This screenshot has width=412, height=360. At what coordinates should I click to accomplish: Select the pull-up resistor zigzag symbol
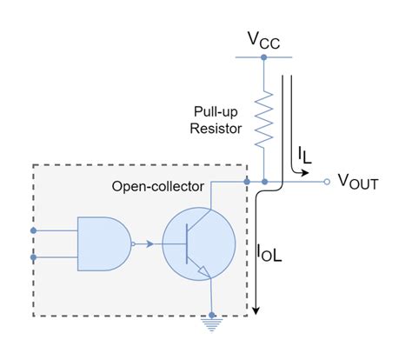[262, 121]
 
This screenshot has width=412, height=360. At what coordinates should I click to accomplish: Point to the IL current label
[304, 155]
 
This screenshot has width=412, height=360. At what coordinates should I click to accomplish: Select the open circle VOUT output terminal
[326, 182]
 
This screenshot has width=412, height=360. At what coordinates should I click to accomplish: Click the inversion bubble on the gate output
[133, 243]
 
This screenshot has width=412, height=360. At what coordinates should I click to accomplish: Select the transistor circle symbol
[199, 243]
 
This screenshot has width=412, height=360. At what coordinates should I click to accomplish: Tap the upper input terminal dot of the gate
[34, 230]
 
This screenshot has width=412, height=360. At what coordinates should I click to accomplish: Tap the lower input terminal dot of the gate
[34, 258]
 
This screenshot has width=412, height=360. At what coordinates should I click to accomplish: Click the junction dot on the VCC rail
[262, 57]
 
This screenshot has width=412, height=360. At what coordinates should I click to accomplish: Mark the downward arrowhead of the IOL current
[258, 310]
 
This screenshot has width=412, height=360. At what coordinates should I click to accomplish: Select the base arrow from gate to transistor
[153, 243]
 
